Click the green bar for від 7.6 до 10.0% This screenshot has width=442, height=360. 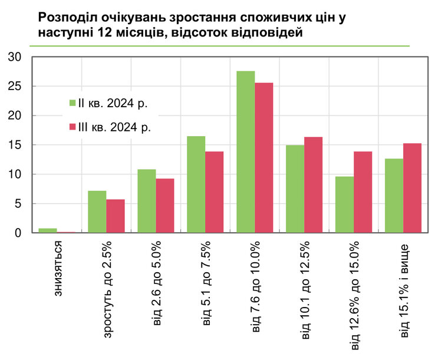click(x=246, y=152)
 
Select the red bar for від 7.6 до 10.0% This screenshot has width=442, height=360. click(x=264, y=158)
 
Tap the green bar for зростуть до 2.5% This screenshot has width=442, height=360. click(x=97, y=212)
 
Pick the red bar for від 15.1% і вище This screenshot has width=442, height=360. click(x=413, y=188)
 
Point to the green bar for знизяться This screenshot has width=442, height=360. click(x=48, y=230)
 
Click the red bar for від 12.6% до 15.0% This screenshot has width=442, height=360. click(x=363, y=192)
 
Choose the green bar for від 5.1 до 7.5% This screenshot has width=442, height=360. click(x=196, y=184)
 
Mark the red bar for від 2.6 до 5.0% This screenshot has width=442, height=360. click(x=165, y=206)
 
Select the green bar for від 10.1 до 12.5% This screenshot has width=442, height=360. click(x=295, y=189)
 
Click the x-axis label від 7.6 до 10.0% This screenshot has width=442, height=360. click(x=256, y=286)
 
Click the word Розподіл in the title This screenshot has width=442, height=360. click(x=67, y=18)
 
